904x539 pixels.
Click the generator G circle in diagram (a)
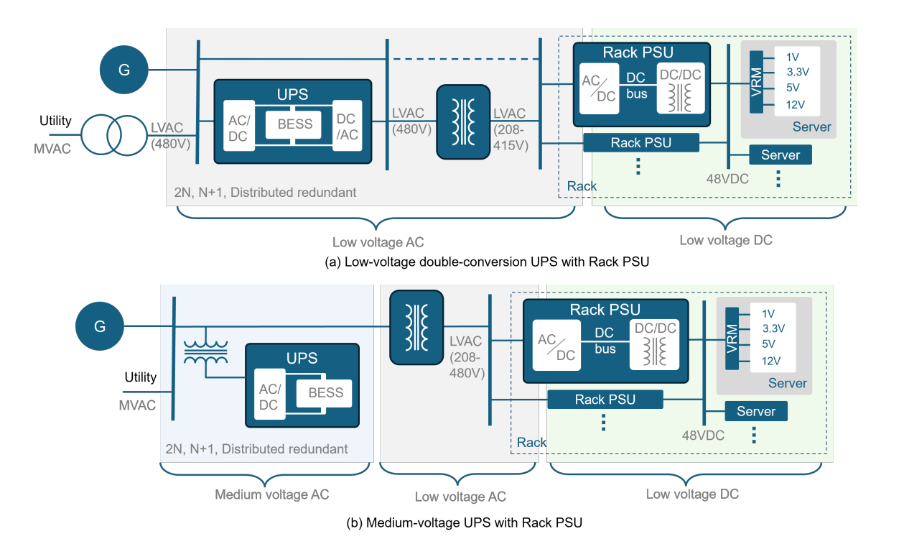coord(124,70)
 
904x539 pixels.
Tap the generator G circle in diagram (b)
coord(99,326)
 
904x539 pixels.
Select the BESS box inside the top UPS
coord(294,124)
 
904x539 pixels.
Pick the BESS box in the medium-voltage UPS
coord(326,392)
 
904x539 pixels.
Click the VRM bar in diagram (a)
coord(755,81)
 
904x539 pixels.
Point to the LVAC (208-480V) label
coord(467,357)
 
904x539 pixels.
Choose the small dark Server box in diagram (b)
coord(756,411)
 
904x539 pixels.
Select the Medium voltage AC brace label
coord(272,494)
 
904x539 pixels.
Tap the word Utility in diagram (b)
coord(141,377)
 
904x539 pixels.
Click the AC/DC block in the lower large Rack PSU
coord(556,347)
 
